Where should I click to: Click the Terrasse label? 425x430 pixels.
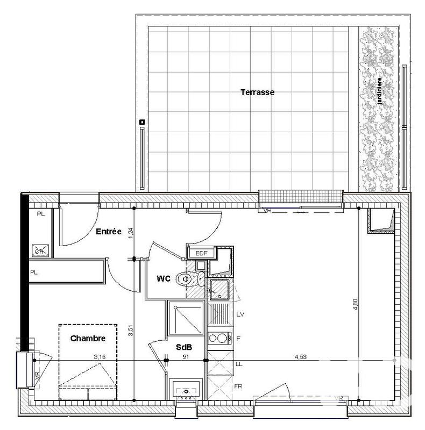click(x=257, y=92)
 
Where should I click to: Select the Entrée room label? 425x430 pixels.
click(x=108, y=232)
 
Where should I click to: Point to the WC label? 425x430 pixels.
click(x=164, y=278)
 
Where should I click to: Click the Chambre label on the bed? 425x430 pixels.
click(x=87, y=338)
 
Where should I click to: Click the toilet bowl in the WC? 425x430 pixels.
click(x=187, y=278)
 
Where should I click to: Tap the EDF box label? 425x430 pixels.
click(x=201, y=253)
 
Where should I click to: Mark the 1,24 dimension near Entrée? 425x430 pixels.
click(x=130, y=233)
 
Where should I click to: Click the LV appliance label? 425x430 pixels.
click(x=240, y=314)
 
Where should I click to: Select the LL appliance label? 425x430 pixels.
click(x=239, y=364)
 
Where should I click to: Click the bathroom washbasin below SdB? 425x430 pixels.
click(x=187, y=390)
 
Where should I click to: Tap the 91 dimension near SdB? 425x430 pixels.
click(x=186, y=356)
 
